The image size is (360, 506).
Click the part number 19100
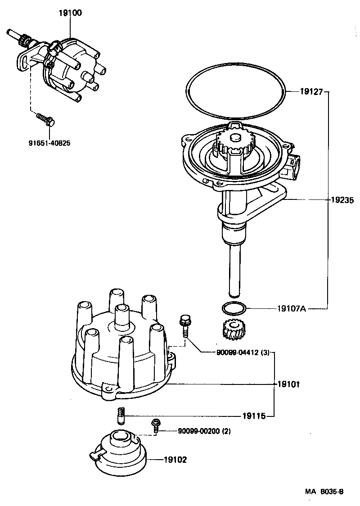(x=70, y=13)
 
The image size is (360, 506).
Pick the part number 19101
(x=288, y=385)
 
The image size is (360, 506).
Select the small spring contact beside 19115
(x=121, y=416)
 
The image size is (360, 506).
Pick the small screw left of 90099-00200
(x=156, y=425)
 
